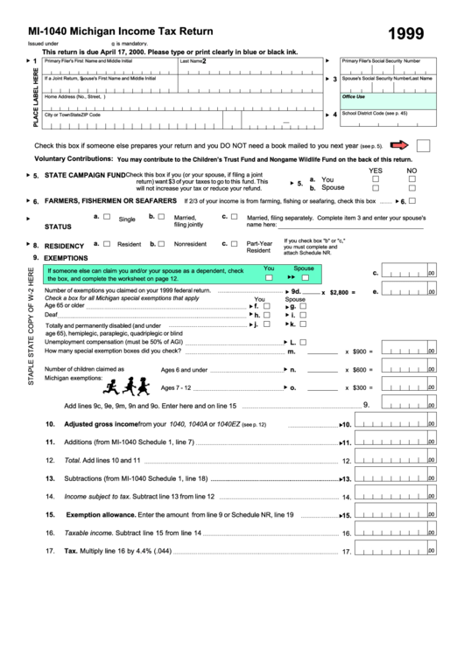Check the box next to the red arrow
click(423, 145)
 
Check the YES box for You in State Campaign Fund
click(376, 178)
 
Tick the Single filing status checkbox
click(107, 217)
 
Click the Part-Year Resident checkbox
click(234, 244)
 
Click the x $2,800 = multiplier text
click(340, 292)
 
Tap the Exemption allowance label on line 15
click(102, 514)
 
